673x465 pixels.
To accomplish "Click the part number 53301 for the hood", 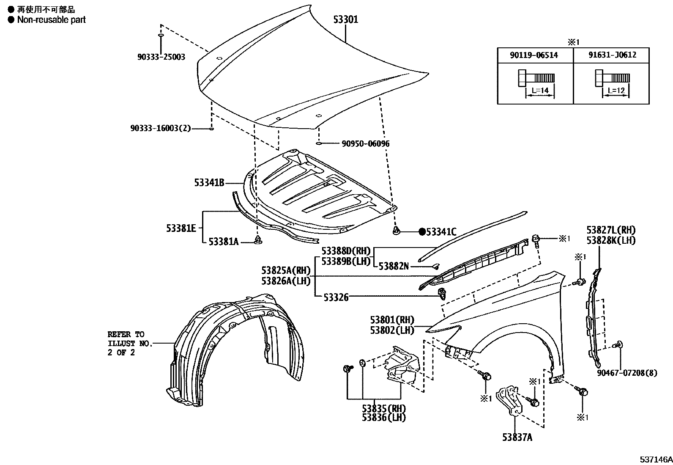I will (x=345, y=19).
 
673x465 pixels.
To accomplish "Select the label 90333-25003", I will (x=161, y=57).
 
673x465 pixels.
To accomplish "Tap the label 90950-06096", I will (x=365, y=143).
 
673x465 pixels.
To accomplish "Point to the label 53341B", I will (x=209, y=183).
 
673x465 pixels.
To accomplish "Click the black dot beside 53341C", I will (x=421, y=231).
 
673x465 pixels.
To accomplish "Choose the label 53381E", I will (x=181, y=228).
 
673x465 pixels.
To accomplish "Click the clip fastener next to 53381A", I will (x=258, y=240).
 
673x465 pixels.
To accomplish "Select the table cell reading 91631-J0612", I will (x=611, y=55).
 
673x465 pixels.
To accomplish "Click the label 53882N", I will (x=394, y=266).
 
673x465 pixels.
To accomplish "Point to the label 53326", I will (x=336, y=297).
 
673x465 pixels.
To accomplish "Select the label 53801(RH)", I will (x=392, y=320).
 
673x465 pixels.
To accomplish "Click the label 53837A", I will (x=517, y=437).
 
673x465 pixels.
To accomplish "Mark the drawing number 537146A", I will (x=655, y=459).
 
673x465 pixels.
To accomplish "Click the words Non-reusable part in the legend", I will (x=51, y=19).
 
